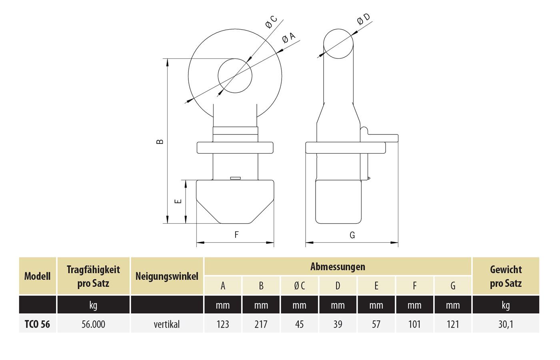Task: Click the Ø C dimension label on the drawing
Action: (271, 22)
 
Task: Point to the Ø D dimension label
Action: (364, 19)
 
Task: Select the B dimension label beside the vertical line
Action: (160, 142)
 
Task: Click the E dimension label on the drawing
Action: (178, 201)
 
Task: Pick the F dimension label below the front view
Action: (236, 235)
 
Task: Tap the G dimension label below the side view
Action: (352, 235)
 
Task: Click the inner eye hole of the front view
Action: (235, 76)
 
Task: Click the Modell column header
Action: (37, 276)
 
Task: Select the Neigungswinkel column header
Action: (167, 276)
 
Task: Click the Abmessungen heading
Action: (338, 267)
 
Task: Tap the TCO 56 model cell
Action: (37, 324)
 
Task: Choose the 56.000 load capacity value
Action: (93, 324)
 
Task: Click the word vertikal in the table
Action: (167, 324)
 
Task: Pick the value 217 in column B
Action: (261, 324)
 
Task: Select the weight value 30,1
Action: (506, 324)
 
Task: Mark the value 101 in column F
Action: (414, 324)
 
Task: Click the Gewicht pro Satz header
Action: (506, 276)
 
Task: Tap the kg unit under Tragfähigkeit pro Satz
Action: (93, 305)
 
